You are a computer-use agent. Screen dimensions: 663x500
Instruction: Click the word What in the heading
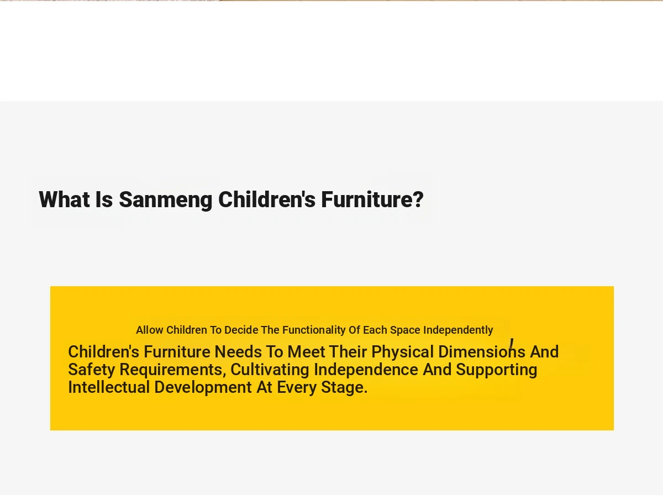(x=64, y=199)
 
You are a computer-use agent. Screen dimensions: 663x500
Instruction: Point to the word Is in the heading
(x=104, y=199)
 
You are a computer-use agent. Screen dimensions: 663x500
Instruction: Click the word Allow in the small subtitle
(x=150, y=330)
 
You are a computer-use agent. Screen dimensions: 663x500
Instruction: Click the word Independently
(x=458, y=330)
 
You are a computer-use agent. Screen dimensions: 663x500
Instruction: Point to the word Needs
(x=238, y=352)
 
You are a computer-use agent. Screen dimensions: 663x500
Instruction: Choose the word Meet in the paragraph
(x=306, y=352)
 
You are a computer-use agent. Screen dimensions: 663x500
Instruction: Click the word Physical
(x=403, y=352)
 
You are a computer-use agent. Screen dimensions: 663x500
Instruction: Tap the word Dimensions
(x=482, y=352)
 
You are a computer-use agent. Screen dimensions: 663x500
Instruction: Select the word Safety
(x=92, y=370)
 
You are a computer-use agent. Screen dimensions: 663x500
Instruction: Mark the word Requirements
(x=173, y=370)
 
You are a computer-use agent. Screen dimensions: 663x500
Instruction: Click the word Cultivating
(x=270, y=370)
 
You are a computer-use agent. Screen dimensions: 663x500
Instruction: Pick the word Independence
(x=366, y=370)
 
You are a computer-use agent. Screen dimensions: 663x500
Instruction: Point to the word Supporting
(x=497, y=370)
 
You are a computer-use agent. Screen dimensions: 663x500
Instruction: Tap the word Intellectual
(x=109, y=387)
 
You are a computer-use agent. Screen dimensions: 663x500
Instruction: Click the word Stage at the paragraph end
(x=344, y=388)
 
